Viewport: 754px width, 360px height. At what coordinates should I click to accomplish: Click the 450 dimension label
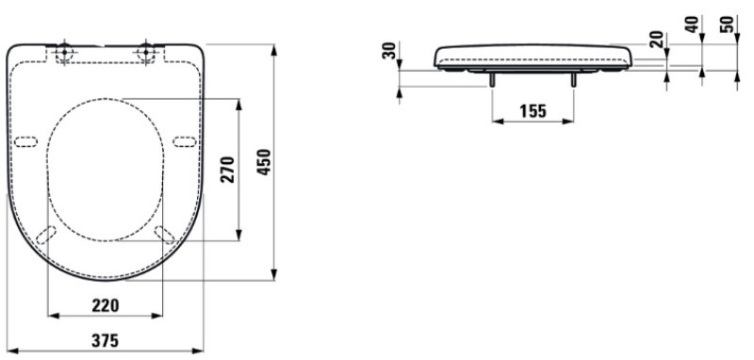(265, 162)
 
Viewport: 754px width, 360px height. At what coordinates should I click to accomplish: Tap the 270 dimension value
(227, 170)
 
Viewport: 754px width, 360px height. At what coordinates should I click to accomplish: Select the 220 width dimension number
(106, 304)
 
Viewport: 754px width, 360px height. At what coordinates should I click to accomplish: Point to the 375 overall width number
(106, 341)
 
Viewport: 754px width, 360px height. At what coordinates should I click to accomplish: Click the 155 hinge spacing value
(533, 111)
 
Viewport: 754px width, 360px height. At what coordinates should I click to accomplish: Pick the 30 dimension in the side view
(388, 50)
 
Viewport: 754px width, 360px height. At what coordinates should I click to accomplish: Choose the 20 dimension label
(656, 40)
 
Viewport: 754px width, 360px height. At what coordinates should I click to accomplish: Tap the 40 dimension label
(693, 25)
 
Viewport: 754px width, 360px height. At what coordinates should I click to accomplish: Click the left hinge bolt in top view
(64, 52)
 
